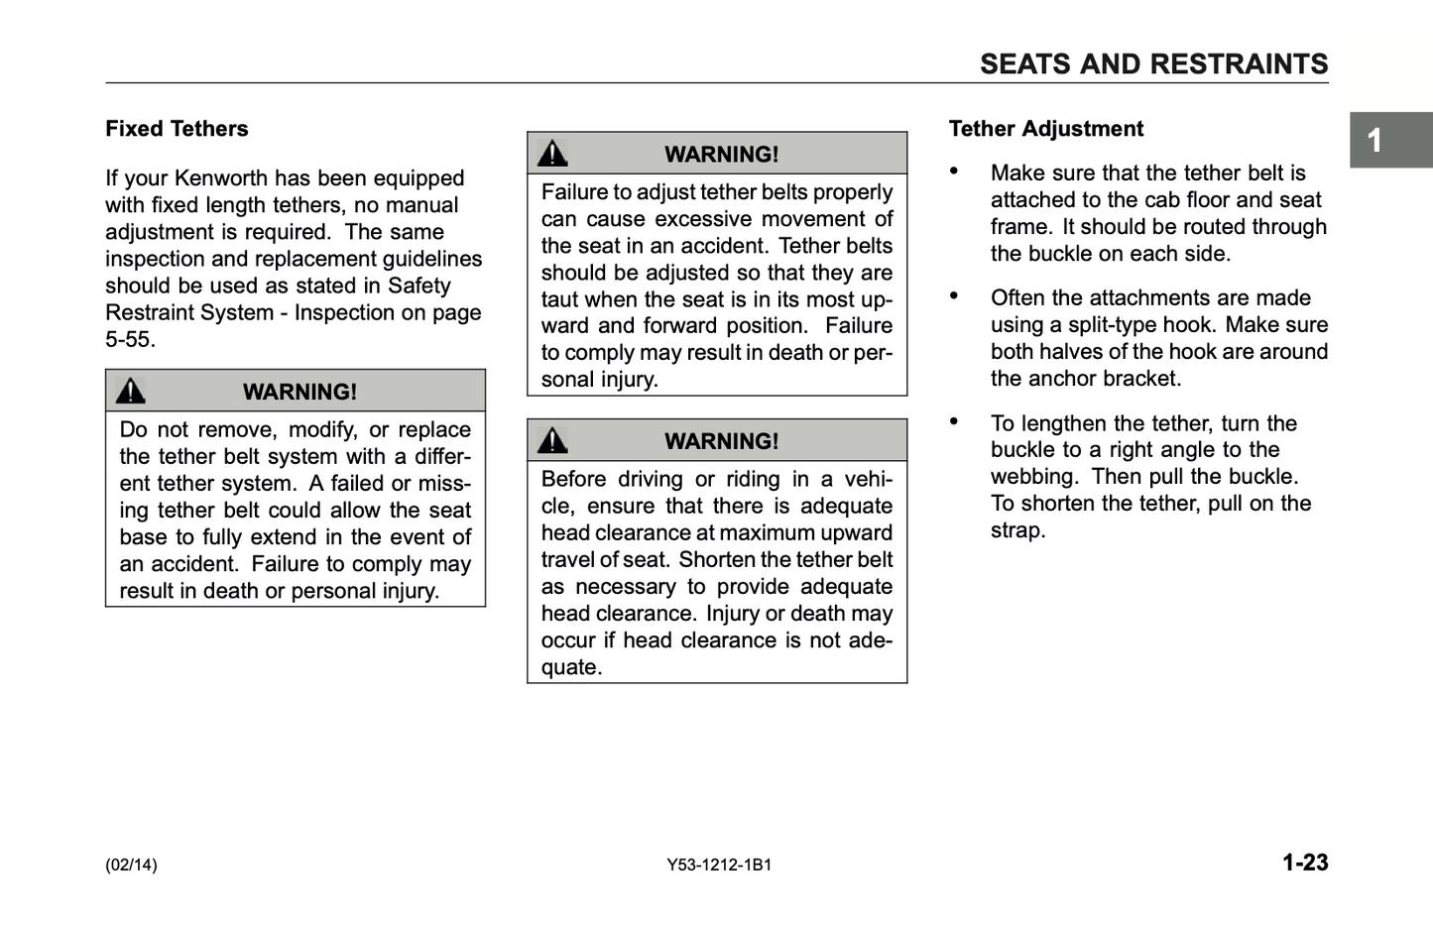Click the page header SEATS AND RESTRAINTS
[1153, 64]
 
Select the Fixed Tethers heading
[177, 129]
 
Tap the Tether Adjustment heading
[1045, 129]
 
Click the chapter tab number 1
[1374, 141]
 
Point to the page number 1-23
[1304, 863]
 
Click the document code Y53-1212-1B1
[719, 865]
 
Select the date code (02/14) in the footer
[131, 865]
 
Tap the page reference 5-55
[129, 339]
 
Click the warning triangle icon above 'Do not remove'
[131, 392]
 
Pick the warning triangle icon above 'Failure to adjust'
[552, 154]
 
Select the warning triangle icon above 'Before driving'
[552, 441]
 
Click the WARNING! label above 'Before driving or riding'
[721, 441]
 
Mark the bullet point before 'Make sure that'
[954, 172]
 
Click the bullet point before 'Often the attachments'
[954, 296]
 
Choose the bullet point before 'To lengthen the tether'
[954, 421]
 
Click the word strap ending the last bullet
[1016, 530]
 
